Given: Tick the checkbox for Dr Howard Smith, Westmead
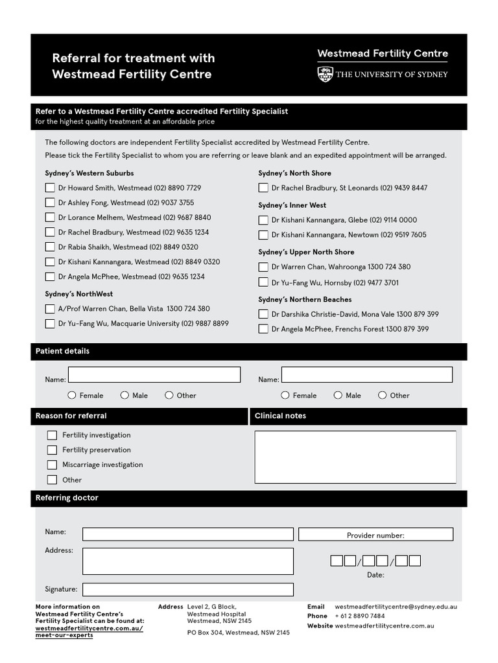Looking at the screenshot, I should point(50,188).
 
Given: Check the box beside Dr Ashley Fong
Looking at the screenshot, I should point(50,203).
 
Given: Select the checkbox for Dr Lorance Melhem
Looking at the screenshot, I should point(50,218).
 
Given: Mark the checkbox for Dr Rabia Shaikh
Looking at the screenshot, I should point(50,247).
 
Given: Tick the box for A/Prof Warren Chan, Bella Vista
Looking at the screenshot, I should point(50,309).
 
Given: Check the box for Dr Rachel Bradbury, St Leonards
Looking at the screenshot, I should point(263,188).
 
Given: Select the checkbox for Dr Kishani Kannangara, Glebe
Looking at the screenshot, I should point(263,220).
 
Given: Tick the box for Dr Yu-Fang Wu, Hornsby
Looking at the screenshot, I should point(263,282).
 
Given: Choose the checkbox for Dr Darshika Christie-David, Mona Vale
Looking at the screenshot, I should point(263,314).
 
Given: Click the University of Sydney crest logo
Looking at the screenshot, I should point(325,74).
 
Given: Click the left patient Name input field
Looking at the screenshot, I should point(154,375).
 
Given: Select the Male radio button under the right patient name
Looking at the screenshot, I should point(338,395).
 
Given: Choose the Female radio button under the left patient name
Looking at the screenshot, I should point(73,395).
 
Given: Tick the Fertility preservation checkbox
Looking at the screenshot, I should point(52,450).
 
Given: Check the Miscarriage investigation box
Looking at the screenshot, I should point(52,465).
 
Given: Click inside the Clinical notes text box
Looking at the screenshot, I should point(355,457).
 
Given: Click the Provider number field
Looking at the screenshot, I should point(375,535).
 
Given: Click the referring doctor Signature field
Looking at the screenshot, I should point(187,589).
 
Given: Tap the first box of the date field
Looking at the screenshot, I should point(337,561).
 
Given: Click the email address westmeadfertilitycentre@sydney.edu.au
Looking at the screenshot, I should point(396,607).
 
